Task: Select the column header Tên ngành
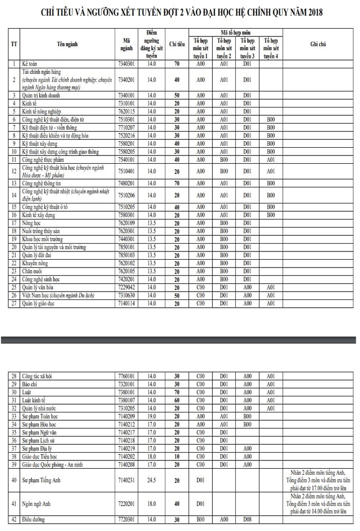pos(67,44)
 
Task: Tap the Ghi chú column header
pos(318,44)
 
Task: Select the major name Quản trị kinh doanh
pos(41,95)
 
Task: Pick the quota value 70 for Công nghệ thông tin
pos(177,183)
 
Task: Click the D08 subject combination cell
pos(247,519)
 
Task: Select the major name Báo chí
pos(30,383)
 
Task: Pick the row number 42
pos(14,519)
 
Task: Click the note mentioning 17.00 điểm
pos(318,480)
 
